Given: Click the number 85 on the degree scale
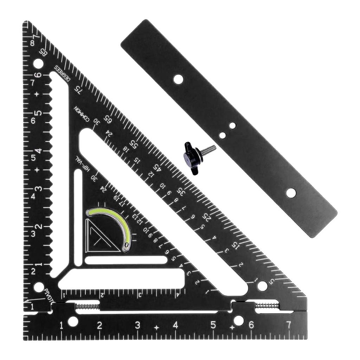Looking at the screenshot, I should coord(43,52).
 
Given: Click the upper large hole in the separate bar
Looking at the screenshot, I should coord(178,79).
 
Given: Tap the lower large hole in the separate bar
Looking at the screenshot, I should coord(291,193).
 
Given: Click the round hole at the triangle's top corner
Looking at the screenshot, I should coord(38,64).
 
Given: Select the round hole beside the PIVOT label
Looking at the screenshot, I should coord(39,287).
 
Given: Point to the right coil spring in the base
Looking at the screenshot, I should coord(267,306).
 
